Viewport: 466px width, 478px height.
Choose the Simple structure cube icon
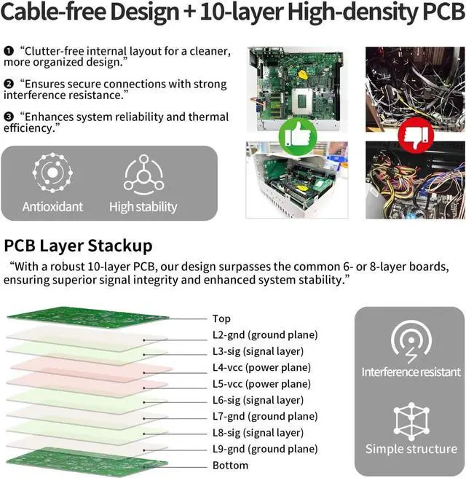point(411,420)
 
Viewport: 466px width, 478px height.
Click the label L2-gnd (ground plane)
point(265,335)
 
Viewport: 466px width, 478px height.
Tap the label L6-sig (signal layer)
point(258,400)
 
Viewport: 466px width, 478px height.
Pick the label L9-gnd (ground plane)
point(265,449)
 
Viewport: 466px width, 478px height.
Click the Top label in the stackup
point(221,318)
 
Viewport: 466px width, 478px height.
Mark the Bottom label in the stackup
point(230,466)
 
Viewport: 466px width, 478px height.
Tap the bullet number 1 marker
point(9,51)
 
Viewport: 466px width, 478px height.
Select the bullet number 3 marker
point(9,117)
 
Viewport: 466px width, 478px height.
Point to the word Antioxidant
point(52,207)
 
